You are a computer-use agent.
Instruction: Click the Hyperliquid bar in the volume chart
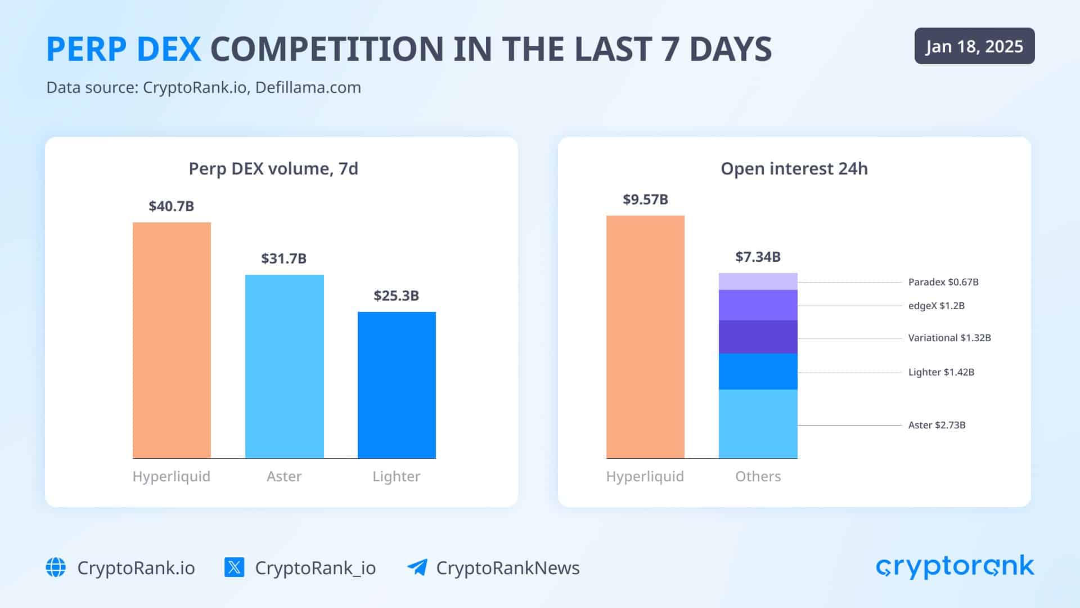click(x=172, y=340)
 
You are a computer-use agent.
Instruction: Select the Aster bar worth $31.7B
click(x=284, y=366)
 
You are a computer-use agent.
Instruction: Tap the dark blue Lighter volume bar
click(x=397, y=385)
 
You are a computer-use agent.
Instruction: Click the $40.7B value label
click(x=171, y=206)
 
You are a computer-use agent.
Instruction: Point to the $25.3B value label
click(x=396, y=296)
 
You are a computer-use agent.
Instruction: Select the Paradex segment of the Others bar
click(x=758, y=281)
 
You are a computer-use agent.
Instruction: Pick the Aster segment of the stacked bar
click(x=758, y=424)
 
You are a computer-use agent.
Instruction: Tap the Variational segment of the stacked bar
click(x=758, y=337)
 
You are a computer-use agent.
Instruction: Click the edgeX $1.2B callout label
click(x=936, y=306)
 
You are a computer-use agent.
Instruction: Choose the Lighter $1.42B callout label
click(x=941, y=372)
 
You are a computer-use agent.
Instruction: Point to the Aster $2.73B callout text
click(x=937, y=425)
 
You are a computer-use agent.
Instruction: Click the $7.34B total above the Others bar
click(x=758, y=257)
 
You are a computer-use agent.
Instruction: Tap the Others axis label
click(x=758, y=476)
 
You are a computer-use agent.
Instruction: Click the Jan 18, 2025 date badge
click(x=974, y=46)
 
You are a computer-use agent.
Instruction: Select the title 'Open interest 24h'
click(x=794, y=168)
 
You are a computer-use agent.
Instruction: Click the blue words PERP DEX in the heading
click(x=123, y=49)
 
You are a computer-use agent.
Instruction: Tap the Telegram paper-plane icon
click(x=417, y=567)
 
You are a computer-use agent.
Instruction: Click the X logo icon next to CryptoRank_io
click(x=234, y=567)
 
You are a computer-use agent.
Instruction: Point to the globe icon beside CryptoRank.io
click(x=56, y=567)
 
